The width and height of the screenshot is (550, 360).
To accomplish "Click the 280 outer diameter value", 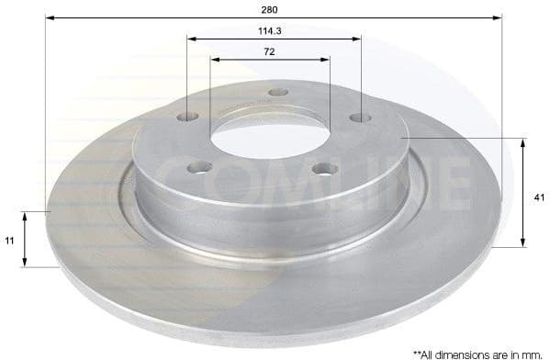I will (270, 8).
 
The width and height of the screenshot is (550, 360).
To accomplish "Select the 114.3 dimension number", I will (269, 29).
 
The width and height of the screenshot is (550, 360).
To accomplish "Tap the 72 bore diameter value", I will (269, 51).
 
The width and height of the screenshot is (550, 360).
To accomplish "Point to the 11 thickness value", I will (9, 240).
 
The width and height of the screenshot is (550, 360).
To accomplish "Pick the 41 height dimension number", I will (538, 195).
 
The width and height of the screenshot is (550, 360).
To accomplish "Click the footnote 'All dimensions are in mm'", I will (477, 353).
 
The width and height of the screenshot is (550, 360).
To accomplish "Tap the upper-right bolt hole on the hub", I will (361, 118).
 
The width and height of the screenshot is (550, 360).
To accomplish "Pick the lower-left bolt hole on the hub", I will (200, 167).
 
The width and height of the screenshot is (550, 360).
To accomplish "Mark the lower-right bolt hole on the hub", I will (322, 168).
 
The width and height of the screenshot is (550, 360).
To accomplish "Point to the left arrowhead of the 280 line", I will (49, 17).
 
